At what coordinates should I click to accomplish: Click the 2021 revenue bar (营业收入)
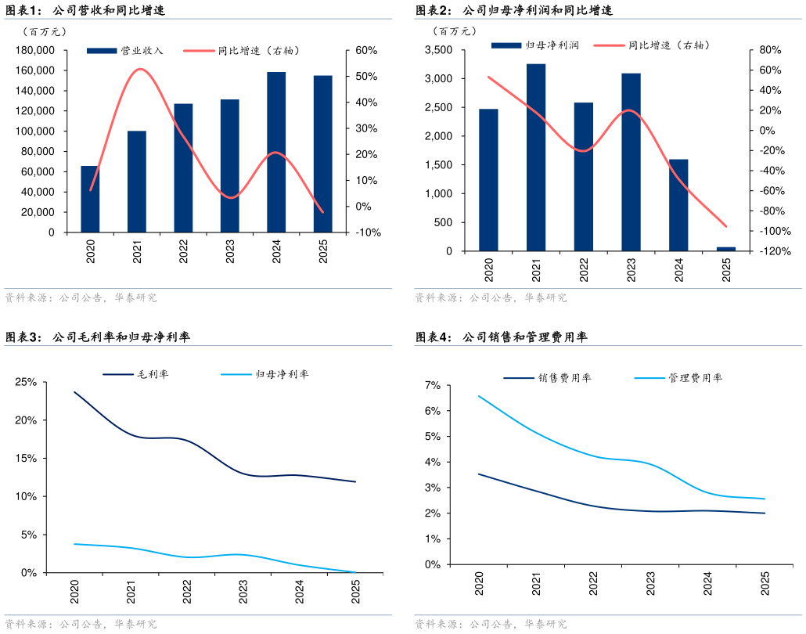(x=137, y=182)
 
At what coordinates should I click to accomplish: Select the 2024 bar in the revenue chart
(x=276, y=153)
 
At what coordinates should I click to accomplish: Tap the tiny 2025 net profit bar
(x=726, y=249)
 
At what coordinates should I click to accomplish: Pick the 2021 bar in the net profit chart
(x=536, y=157)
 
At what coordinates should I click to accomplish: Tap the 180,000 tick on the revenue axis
(x=34, y=51)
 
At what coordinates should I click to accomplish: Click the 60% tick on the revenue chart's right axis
(x=367, y=51)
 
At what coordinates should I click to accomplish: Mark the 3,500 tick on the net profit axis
(x=438, y=50)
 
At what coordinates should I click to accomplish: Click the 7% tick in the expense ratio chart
(x=432, y=385)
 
